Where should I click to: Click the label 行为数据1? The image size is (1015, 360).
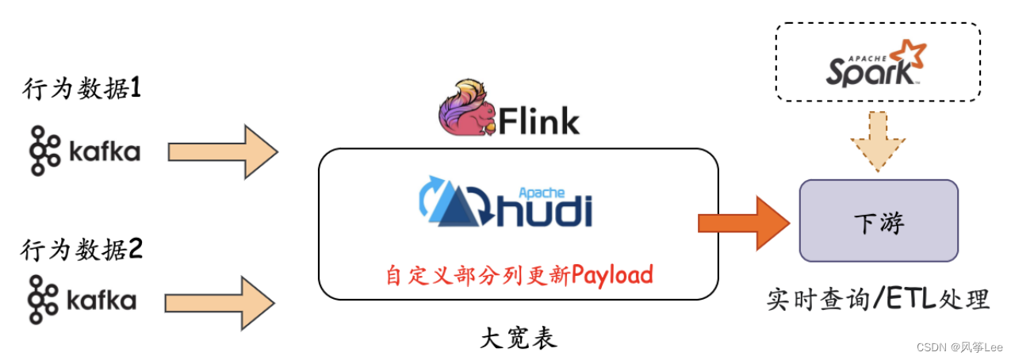(x=81, y=90)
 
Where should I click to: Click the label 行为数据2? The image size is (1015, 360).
(x=81, y=251)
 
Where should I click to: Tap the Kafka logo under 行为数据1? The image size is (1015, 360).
(x=84, y=150)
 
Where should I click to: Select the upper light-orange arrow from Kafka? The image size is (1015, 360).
(x=223, y=151)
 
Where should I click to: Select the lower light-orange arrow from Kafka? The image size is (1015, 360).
(x=220, y=301)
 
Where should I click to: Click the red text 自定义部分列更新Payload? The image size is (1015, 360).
(x=519, y=274)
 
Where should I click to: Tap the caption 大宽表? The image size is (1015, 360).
(x=519, y=339)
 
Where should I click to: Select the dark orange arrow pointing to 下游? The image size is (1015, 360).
(x=743, y=223)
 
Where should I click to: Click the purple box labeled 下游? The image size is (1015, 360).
(x=879, y=221)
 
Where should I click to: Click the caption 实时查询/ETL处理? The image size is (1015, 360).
(x=878, y=299)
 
